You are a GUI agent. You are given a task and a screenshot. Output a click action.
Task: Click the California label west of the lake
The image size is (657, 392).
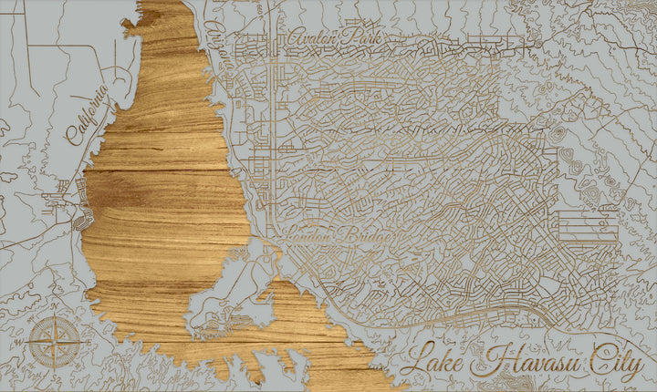tap(89, 115)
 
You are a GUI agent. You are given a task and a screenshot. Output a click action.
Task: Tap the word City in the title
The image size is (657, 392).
tap(614, 362)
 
